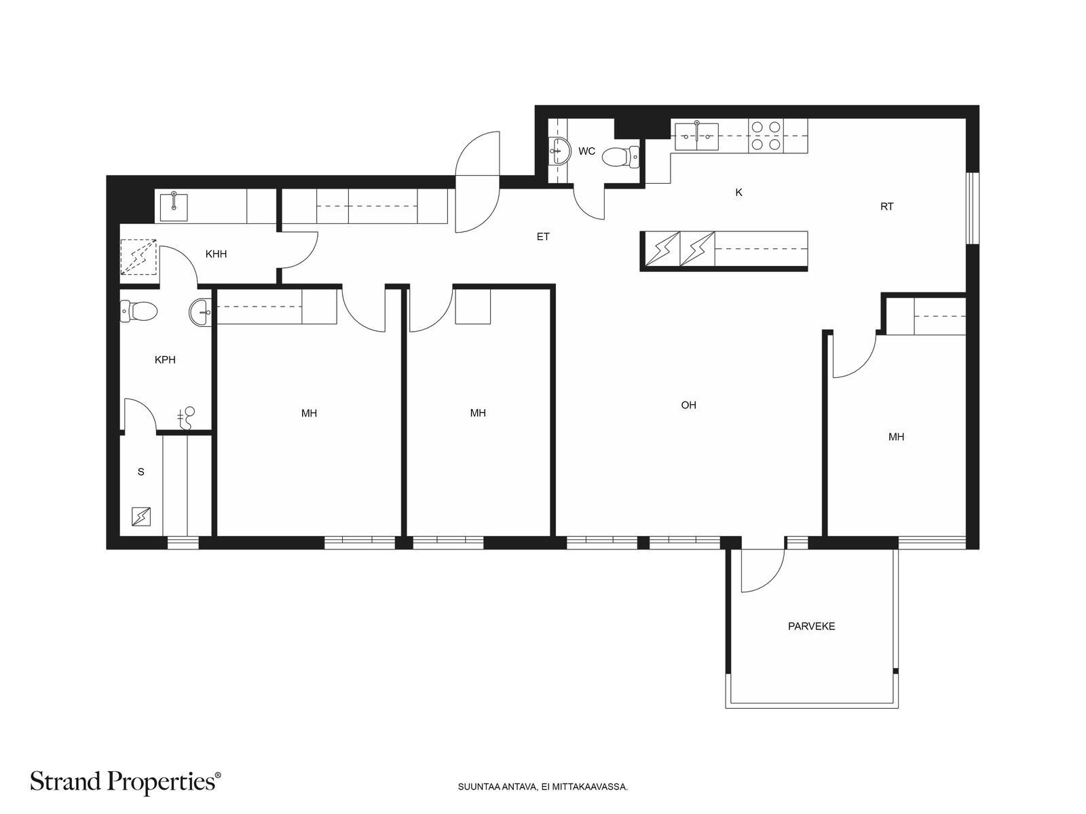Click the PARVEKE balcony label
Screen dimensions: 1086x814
click(x=811, y=626)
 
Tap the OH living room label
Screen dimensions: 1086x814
click(x=688, y=405)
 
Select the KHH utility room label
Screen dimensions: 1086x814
click(x=217, y=254)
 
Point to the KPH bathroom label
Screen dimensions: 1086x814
click(x=165, y=360)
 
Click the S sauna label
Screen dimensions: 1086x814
click(x=141, y=472)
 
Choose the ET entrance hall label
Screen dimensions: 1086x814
click(x=543, y=237)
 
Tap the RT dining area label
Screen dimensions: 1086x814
click(x=886, y=207)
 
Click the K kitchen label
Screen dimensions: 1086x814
click(x=738, y=193)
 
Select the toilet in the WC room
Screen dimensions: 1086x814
click(x=620, y=157)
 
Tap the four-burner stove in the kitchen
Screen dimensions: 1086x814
click(x=766, y=136)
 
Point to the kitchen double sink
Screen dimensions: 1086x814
click(x=696, y=136)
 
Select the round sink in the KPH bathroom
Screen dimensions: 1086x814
click(x=200, y=313)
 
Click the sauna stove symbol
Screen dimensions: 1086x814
click(x=141, y=517)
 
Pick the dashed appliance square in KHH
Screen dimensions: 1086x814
click(x=138, y=257)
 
